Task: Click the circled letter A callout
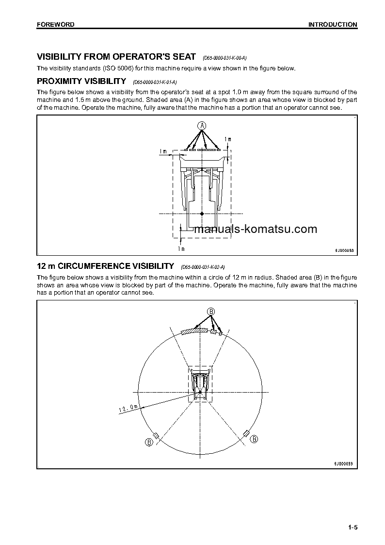click(x=202, y=126)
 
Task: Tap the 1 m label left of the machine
click(x=162, y=151)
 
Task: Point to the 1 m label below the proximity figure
click(x=181, y=249)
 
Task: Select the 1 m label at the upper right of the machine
click(x=228, y=140)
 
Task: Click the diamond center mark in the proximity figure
click(x=202, y=213)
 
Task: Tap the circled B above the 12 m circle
click(x=211, y=311)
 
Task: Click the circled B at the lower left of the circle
click(x=149, y=442)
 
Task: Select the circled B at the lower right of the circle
click(x=254, y=439)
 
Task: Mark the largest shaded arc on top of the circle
click(x=194, y=331)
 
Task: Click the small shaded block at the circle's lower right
click(x=246, y=432)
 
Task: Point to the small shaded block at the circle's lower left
click(x=156, y=434)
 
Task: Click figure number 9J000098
click(x=344, y=250)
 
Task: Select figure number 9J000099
click(x=344, y=463)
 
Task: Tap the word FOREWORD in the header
click(x=56, y=24)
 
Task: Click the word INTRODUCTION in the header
click(x=333, y=24)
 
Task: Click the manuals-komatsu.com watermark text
click(x=255, y=229)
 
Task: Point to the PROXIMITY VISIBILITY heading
click(x=81, y=81)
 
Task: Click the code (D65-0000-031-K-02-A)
click(x=203, y=267)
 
